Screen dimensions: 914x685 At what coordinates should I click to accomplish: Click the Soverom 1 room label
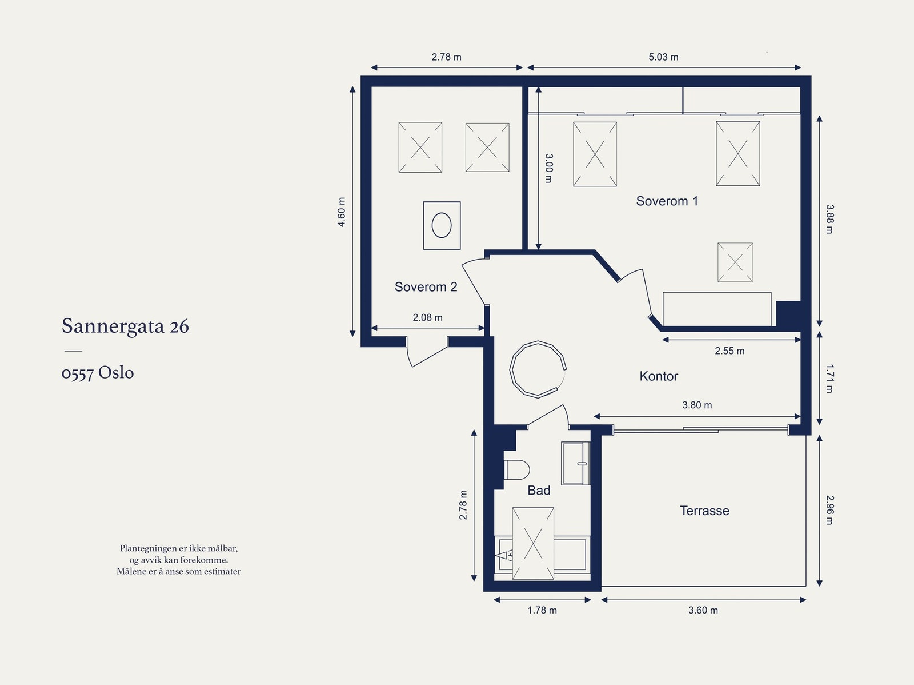[667, 201]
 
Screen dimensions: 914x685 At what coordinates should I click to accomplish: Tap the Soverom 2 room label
[426, 287]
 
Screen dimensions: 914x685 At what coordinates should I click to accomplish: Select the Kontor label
[658, 376]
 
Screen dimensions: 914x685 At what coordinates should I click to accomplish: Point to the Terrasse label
[704, 511]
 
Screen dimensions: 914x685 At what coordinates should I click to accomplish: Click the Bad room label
[539, 491]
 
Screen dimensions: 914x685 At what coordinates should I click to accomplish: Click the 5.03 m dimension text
[663, 57]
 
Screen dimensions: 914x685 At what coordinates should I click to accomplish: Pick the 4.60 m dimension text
[342, 212]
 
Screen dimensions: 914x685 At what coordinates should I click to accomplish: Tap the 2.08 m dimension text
[427, 317]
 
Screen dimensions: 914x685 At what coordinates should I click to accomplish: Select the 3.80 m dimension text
[697, 405]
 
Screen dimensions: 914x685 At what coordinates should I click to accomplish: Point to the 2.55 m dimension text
[729, 351]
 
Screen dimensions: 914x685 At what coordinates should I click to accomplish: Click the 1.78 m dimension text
[542, 611]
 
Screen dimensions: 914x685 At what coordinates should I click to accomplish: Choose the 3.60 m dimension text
[703, 611]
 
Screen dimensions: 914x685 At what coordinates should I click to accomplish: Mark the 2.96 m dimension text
[829, 510]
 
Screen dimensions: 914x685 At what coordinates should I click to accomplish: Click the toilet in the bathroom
[516, 470]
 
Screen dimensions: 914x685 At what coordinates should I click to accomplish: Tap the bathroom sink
[575, 463]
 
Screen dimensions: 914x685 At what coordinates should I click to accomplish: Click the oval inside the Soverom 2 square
[442, 225]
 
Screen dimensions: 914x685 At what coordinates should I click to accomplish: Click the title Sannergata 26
[125, 326]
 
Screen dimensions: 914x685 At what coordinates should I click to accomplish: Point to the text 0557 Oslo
[98, 373]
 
